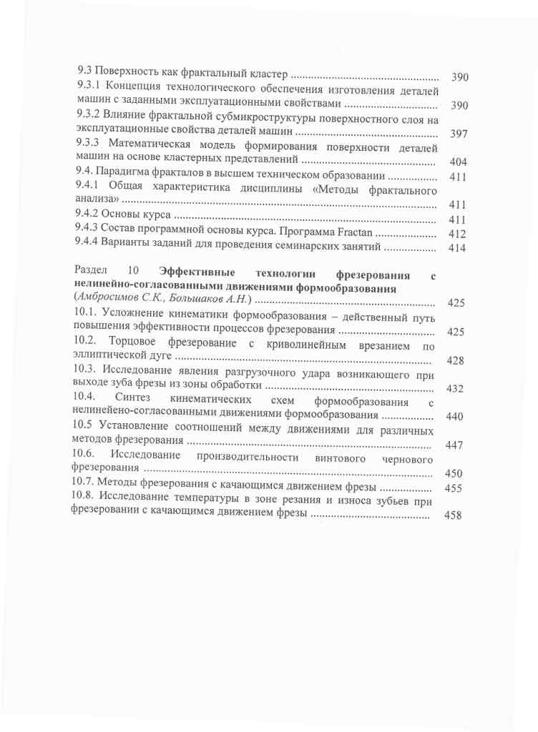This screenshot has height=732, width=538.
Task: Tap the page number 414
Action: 456,248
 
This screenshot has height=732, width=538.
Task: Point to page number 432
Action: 456,389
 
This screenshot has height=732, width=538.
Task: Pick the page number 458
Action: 453,515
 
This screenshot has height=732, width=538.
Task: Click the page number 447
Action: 454,445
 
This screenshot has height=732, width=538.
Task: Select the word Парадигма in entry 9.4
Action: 128,176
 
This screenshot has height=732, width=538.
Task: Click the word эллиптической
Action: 108,359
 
